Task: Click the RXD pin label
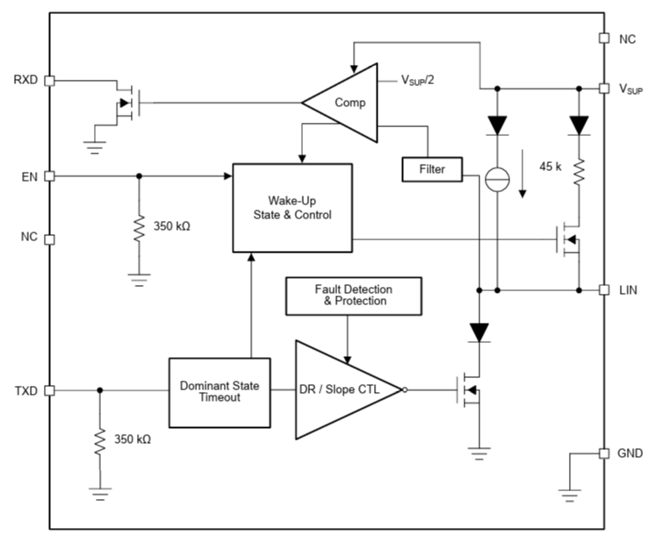25,80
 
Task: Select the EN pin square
49,175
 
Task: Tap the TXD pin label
25,390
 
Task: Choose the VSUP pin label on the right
632,89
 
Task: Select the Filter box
431,168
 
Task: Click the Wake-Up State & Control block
291,206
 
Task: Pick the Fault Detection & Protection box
353,295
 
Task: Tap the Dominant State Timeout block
219,390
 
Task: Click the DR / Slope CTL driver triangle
343,389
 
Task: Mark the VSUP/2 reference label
417,80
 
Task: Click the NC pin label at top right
627,39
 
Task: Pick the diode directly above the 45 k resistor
579,125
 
